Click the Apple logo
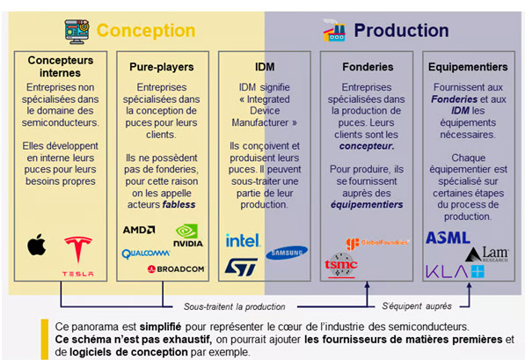36,245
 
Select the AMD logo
140,230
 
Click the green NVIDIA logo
188,235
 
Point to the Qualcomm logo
145,253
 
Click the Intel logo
242,240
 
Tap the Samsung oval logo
287,252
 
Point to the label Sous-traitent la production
234,306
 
